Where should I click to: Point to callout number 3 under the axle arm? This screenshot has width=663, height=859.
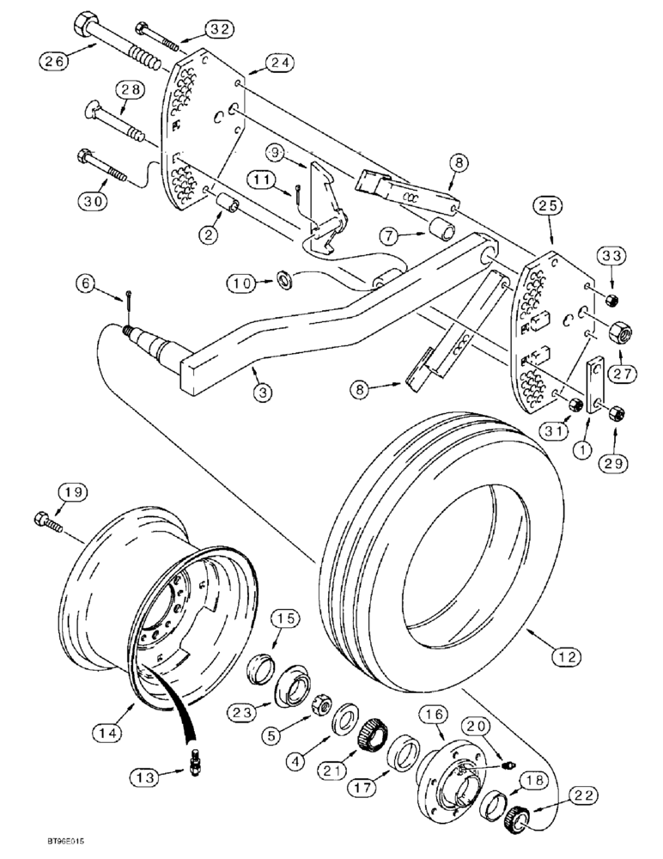point(263,392)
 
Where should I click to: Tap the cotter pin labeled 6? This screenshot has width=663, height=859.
point(127,301)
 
